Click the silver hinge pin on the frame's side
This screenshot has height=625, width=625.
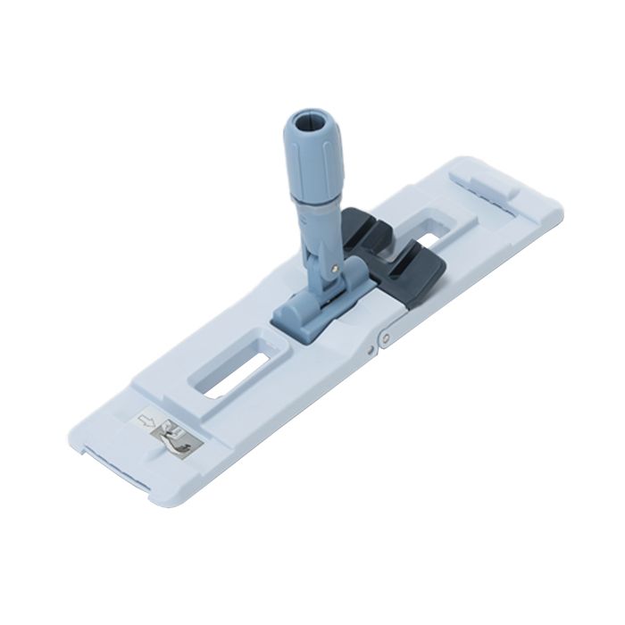384,337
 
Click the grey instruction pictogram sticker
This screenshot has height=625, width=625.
178,437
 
